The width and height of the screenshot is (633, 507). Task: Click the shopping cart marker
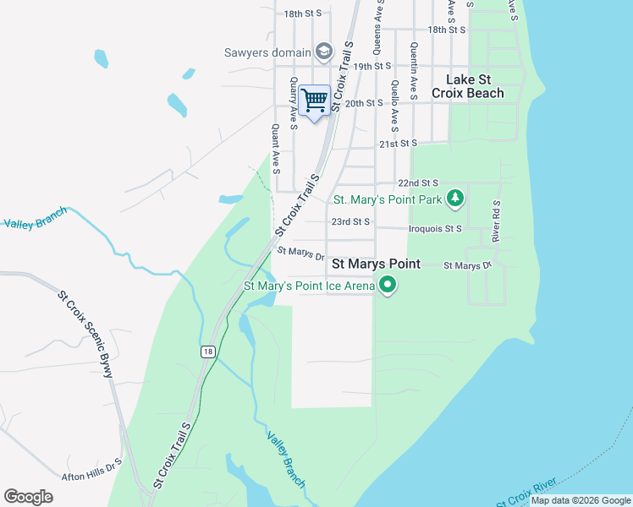[x=314, y=101]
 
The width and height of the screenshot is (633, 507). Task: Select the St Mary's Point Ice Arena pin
[x=388, y=286]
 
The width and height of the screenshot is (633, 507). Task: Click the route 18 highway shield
[x=206, y=352]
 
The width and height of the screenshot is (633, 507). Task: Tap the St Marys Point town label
[x=376, y=264]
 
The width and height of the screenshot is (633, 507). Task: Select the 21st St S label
[x=399, y=144]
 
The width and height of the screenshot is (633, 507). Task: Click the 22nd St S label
[x=418, y=183]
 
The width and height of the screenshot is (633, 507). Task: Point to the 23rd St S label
[x=350, y=221]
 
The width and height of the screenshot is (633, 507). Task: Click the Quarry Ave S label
[x=293, y=104]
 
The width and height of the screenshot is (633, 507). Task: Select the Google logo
[x=28, y=497]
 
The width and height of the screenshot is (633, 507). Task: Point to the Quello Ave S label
[x=394, y=106]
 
